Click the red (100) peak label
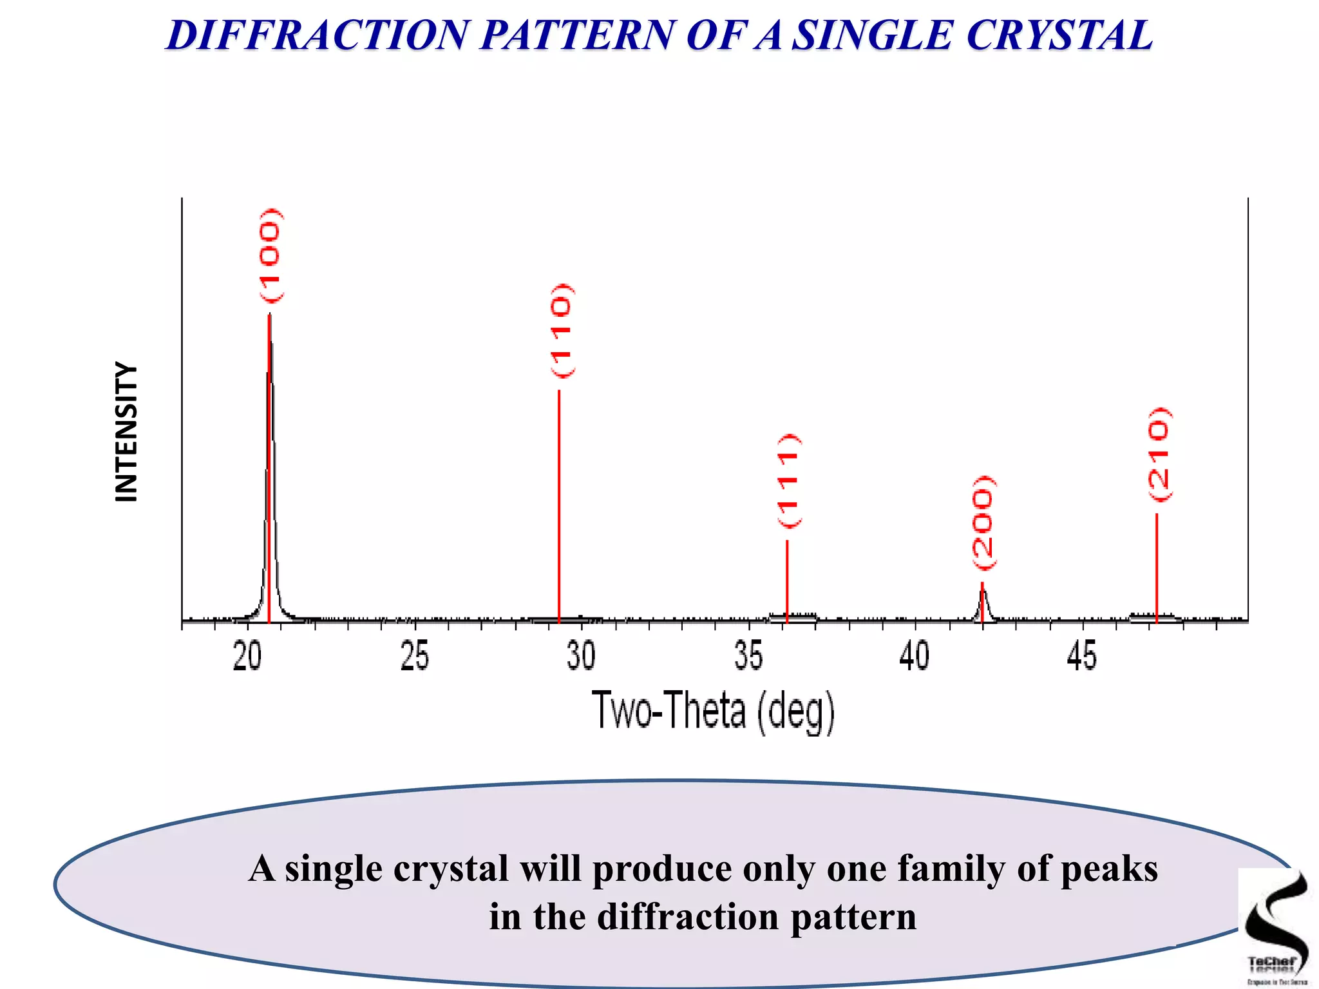[x=270, y=256]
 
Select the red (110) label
[x=561, y=330]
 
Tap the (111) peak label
[x=788, y=480]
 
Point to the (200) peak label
[x=983, y=522]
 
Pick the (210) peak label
[x=1159, y=454]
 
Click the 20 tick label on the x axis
[x=247, y=657]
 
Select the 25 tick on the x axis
[x=414, y=657]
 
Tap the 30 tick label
[x=581, y=657]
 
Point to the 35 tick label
[x=748, y=657]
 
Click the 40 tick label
[x=915, y=657]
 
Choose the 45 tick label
[x=1081, y=657]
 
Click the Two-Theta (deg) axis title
[x=713, y=711]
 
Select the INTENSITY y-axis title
[x=126, y=431]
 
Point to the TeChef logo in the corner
[x=1275, y=927]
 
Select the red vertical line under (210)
[x=1157, y=567]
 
